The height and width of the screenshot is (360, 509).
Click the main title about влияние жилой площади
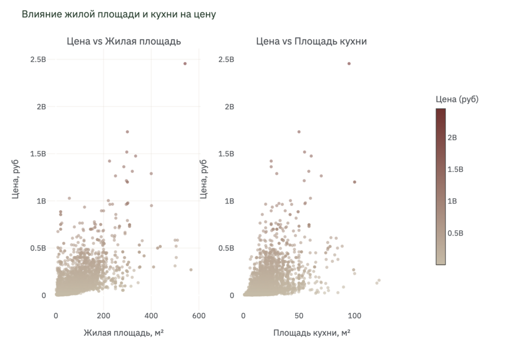(x=119, y=14)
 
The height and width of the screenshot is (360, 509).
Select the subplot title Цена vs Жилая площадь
(x=124, y=41)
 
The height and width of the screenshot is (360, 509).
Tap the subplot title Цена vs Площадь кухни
(x=312, y=41)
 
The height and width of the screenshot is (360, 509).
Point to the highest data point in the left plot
(x=185, y=64)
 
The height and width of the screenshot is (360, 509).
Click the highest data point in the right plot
(x=349, y=64)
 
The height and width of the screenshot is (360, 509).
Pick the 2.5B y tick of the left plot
(x=38, y=59)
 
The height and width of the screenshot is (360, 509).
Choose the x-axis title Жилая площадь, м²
(x=124, y=333)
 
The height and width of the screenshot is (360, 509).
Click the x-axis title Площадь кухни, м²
(x=312, y=333)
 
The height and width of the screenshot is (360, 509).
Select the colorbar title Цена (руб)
(x=457, y=99)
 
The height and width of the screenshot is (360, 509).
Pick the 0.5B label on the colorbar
(x=456, y=233)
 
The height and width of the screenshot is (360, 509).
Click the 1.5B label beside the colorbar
(x=456, y=169)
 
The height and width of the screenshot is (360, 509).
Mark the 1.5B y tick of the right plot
(x=226, y=154)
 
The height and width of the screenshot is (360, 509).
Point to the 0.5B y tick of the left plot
(x=38, y=248)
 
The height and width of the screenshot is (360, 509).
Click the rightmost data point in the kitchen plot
(x=379, y=280)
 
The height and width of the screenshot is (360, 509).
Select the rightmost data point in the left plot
(x=191, y=270)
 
